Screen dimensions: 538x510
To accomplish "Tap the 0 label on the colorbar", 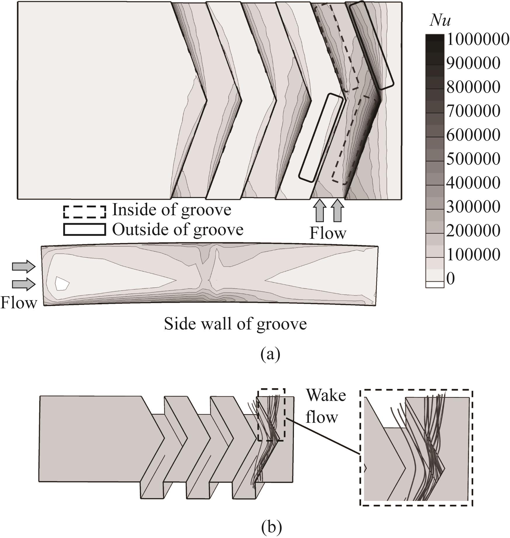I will (451, 279).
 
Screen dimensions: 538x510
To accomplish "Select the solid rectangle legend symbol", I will (85, 230).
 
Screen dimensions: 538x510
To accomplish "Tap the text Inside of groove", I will (172, 210).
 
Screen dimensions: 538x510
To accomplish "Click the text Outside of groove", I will (178, 230).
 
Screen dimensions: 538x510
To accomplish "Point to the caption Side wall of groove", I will (235, 324).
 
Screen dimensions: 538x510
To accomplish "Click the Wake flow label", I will (326, 406).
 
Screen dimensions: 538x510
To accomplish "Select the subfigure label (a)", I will (270, 354).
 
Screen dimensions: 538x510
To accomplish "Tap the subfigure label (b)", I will (271, 526).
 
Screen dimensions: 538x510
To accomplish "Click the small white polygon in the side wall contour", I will (62, 283).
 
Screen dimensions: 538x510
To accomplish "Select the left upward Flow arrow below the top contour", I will (320, 210).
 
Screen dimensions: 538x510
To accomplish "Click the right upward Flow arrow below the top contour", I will (337, 210).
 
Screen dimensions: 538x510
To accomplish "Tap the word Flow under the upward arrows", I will (328, 233).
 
